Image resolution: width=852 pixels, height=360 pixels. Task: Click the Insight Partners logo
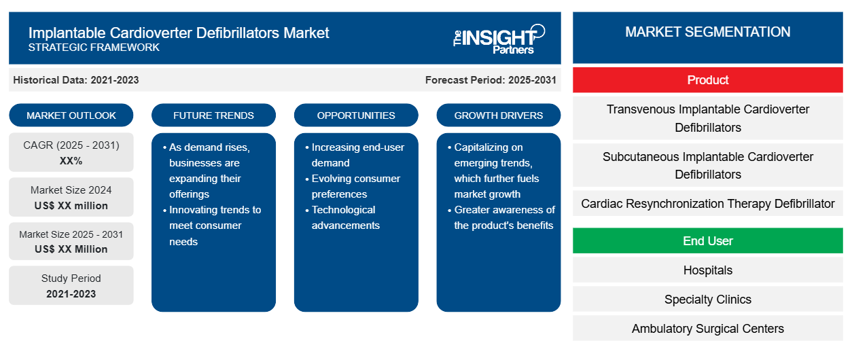tap(499, 39)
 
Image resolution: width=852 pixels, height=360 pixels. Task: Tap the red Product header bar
tap(707, 80)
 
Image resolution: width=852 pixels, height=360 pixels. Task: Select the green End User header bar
tap(707, 240)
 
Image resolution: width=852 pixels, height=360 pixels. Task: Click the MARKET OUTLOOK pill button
tap(71, 115)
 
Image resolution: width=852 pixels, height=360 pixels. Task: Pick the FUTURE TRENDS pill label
tap(213, 115)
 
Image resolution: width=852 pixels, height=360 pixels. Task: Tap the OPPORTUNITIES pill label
tap(356, 115)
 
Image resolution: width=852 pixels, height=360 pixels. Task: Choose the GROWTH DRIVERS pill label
tap(498, 115)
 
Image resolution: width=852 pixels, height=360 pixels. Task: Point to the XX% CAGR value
tap(71, 161)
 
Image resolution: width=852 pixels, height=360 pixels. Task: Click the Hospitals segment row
tap(707, 270)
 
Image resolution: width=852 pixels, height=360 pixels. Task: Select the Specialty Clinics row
tap(707, 299)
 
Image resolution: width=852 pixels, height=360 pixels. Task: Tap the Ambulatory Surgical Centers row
tap(707, 329)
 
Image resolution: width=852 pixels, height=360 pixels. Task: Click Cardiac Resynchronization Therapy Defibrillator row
tap(707, 203)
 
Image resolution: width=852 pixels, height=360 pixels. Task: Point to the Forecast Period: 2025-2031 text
tap(491, 80)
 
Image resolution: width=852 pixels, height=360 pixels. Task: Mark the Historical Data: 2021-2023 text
tap(76, 80)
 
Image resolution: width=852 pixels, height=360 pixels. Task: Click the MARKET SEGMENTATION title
tap(707, 32)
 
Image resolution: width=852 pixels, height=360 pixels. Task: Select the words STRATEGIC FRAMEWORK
tap(94, 48)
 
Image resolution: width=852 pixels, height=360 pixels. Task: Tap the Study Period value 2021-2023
tap(71, 294)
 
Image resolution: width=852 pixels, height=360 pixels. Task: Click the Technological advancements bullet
tap(343, 217)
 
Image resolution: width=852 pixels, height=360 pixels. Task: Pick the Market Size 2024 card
tap(71, 197)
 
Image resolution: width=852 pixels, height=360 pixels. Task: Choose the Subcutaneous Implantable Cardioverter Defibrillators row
tap(707, 165)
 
